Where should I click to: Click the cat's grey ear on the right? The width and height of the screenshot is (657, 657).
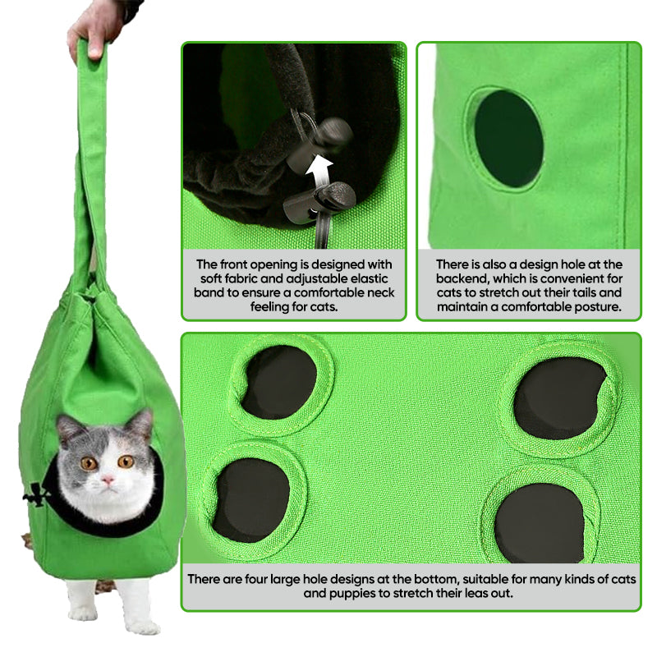tap(140, 425)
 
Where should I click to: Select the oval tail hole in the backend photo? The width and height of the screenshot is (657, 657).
tap(508, 139)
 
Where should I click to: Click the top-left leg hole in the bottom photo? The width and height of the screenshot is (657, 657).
tap(278, 382)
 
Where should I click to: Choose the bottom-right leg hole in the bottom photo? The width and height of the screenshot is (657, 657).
tap(540, 522)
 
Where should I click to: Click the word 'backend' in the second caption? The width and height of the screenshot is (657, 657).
tap(466, 278)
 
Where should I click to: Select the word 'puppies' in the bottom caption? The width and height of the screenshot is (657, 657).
tap(316, 593)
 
